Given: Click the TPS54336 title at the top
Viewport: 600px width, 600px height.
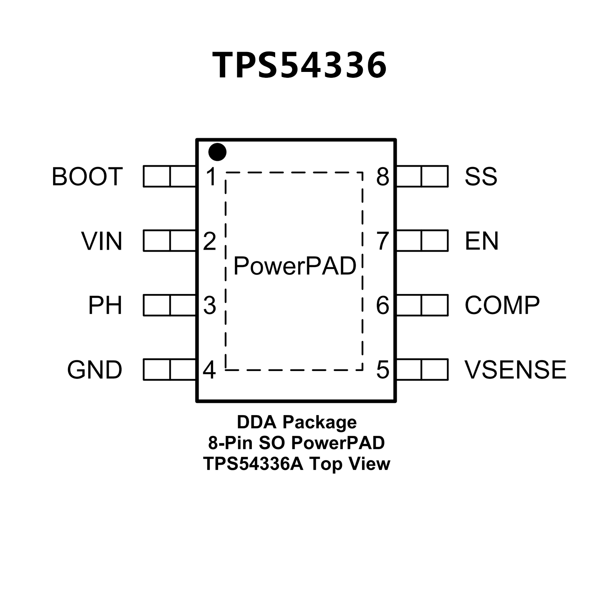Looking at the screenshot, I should (299, 65).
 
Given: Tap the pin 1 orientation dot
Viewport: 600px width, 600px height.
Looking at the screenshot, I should (217, 152).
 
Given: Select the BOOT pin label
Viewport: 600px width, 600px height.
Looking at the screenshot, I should (87, 176).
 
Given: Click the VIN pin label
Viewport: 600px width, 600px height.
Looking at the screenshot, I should (102, 241).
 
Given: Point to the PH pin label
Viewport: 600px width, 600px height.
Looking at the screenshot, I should (105, 305).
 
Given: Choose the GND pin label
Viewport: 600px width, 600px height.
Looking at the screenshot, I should (95, 370).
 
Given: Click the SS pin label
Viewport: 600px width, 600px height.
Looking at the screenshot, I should (480, 176).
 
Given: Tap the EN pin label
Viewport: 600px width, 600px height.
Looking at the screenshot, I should (481, 241).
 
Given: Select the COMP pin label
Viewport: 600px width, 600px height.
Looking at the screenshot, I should (502, 305).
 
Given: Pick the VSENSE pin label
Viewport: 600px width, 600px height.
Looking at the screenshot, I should (515, 370).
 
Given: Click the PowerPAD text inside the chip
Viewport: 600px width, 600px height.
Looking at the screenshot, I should (295, 266).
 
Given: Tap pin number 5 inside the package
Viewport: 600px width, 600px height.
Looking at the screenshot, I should (383, 370).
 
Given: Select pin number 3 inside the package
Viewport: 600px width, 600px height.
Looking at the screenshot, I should (210, 305).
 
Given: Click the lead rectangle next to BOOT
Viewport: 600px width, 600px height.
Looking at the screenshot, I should (169, 176).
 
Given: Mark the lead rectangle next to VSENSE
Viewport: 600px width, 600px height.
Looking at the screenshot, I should (422, 370).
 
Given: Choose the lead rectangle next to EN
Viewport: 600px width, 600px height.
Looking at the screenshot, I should (422, 241).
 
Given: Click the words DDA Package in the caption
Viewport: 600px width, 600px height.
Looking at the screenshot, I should (297, 422).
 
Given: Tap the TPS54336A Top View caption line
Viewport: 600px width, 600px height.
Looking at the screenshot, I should (297, 464).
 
